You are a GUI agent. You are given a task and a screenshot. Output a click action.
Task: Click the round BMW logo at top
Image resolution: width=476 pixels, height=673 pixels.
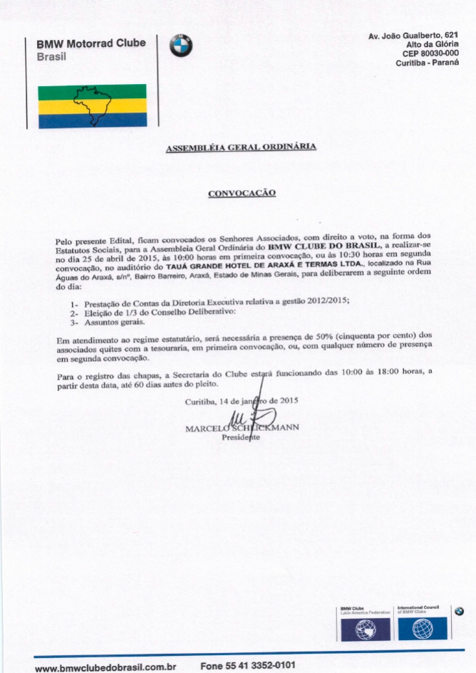click(x=181, y=46)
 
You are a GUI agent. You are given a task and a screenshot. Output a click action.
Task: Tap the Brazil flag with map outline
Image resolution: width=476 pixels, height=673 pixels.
click(x=92, y=105)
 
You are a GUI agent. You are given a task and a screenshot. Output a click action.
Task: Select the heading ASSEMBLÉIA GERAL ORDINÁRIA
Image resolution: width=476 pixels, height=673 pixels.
click(x=240, y=147)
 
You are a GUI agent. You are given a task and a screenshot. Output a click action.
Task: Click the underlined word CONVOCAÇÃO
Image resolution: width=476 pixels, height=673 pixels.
click(x=241, y=192)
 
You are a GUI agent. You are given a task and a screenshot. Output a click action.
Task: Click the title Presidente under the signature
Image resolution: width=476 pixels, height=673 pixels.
click(x=241, y=438)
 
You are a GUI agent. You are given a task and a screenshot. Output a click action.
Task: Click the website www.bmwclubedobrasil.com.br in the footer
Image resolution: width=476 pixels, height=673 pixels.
click(x=105, y=667)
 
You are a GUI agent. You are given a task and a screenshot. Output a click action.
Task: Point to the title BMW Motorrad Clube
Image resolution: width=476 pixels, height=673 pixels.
click(x=91, y=43)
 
